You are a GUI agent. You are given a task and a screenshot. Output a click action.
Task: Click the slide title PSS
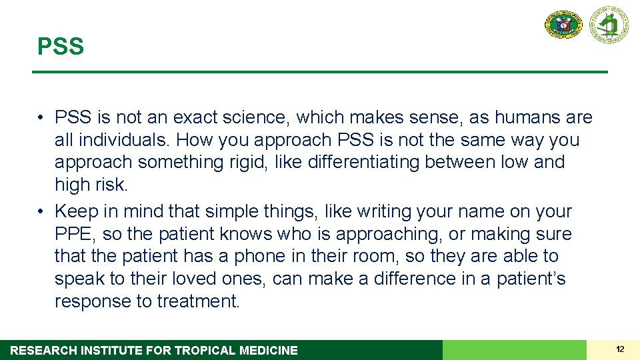coord(61,47)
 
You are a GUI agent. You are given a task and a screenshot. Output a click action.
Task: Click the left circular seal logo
coord(563,25)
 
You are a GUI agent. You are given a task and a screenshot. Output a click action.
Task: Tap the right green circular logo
coord(609,25)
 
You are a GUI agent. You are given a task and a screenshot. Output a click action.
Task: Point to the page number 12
coord(620,349)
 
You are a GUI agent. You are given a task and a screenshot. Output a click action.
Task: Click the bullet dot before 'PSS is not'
coord(41,118)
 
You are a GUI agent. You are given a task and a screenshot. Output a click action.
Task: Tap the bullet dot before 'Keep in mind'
coord(41,211)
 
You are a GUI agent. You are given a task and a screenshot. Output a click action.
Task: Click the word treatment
coord(197,301)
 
